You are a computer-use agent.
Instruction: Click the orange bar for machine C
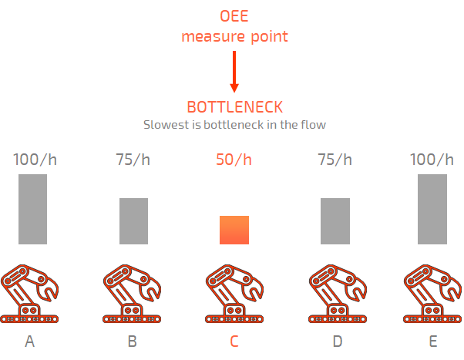point(234,230)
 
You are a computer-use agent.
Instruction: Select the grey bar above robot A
point(32,209)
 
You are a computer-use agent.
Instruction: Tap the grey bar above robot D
point(335,221)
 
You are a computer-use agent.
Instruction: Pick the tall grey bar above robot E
point(432,209)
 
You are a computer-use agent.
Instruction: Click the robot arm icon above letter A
point(30,294)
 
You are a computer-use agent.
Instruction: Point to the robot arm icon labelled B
point(132,294)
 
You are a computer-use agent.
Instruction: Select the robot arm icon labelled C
point(234,294)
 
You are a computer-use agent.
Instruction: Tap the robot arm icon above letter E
point(432,294)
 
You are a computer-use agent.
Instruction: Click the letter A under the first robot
point(30,341)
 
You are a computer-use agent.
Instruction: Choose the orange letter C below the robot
point(234,341)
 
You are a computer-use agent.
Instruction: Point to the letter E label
point(432,341)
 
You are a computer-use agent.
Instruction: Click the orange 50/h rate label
point(234,160)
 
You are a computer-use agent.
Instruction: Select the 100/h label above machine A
point(35,160)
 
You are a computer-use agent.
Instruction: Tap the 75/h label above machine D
point(335,160)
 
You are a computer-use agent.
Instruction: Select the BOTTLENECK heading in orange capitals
point(234,107)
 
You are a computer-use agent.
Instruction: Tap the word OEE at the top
point(234,16)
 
